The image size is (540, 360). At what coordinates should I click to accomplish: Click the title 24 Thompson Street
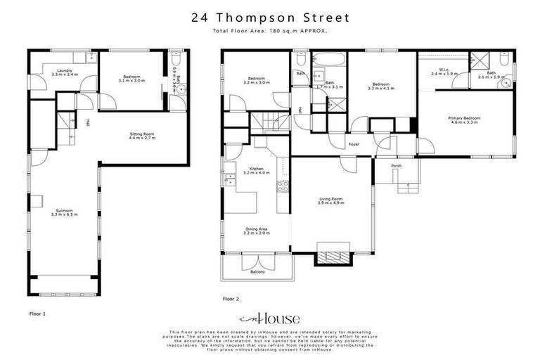pyautogui.click(x=270, y=17)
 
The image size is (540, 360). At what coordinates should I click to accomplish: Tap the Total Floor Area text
pyautogui.click(x=270, y=32)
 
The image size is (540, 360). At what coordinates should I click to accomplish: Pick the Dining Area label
pyautogui.click(x=255, y=231)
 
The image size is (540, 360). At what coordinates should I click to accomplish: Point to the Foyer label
pyautogui.click(x=354, y=144)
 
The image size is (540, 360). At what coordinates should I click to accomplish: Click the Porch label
pyautogui.click(x=396, y=166)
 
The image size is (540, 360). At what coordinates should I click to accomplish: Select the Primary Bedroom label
pyautogui.click(x=465, y=120)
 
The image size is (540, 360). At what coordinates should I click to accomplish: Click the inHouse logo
pyautogui.click(x=270, y=318)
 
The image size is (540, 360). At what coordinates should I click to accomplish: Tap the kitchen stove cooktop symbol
pyautogui.click(x=283, y=187)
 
